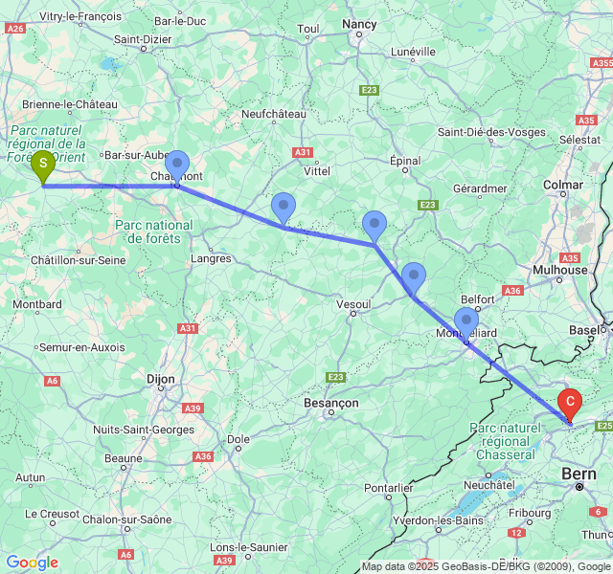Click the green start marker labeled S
(x=43, y=166)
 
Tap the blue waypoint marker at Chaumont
(x=176, y=166)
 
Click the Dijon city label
(x=161, y=380)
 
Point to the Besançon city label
(x=330, y=404)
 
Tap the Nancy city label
(x=359, y=24)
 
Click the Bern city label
(x=579, y=474)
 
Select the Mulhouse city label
(x=560, y=270)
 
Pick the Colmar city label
(x=563, y=185)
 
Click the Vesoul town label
(x=354, y=304)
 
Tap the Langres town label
(x=212, y=258)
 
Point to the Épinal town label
(x=406, y=162)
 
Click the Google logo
(x=32, y=563)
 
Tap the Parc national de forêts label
(x=154, y=232)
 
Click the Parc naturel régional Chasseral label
(x=505, y=441)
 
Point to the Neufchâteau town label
(x=274, y=114)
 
